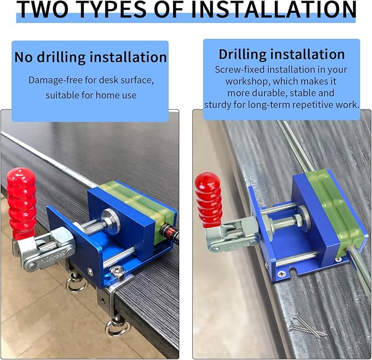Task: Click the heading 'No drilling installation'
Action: [90, 58]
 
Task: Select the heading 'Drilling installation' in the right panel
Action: [282, 54]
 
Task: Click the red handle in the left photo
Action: [21, 202]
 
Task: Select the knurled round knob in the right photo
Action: [305, 218]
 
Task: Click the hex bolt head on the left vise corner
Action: [117, 271]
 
